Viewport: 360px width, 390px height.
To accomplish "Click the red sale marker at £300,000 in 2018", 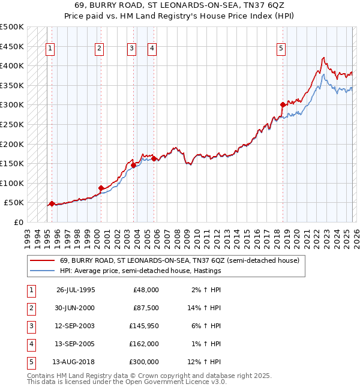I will pos(283,104).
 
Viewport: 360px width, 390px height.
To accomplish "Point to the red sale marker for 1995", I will pos(52,203).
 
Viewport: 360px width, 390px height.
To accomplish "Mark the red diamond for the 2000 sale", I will pos(101,188).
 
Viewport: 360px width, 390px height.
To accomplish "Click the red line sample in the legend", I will pos(43,261).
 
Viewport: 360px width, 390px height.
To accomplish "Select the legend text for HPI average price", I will pos(140,271).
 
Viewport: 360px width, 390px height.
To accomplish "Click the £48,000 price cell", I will pos(145,290).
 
